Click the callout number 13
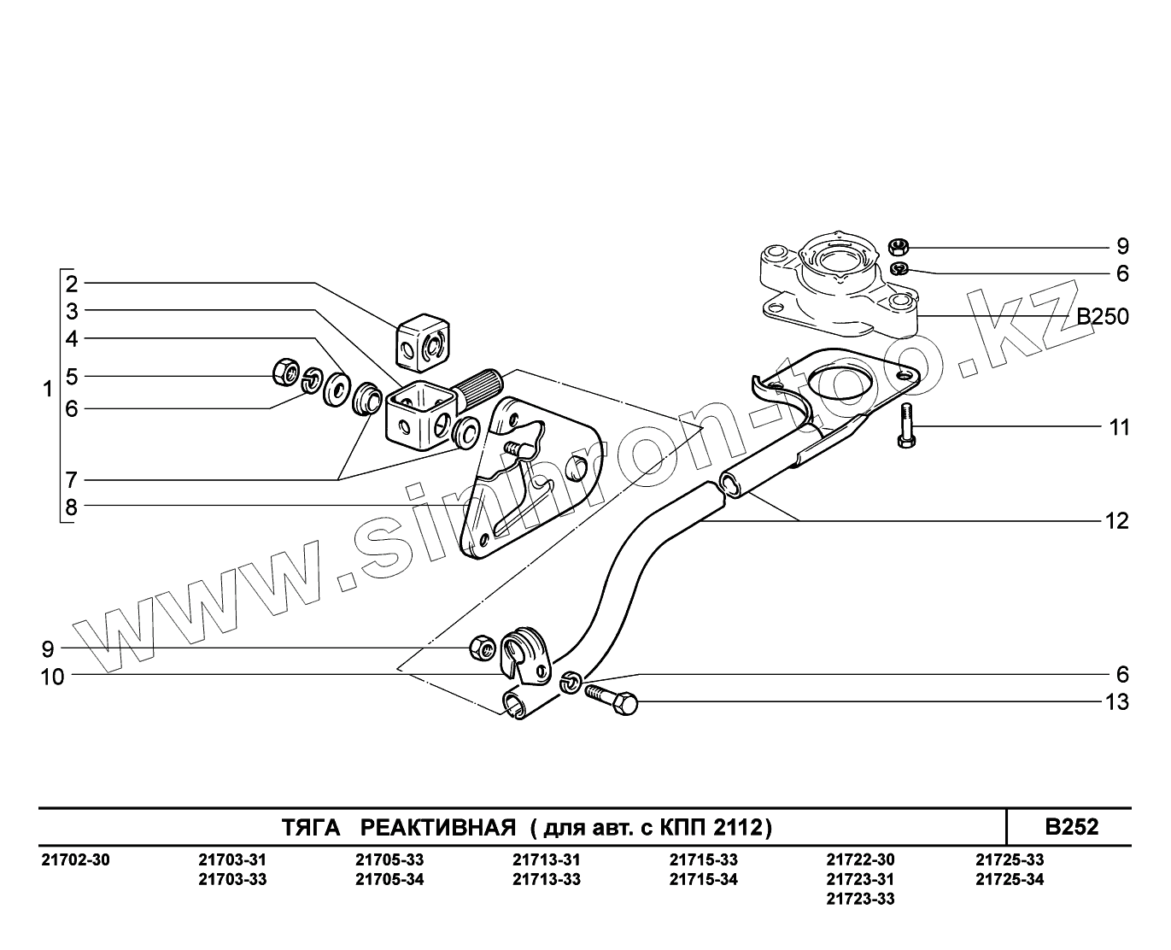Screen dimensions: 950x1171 (1117, 702)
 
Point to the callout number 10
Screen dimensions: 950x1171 (53, 677)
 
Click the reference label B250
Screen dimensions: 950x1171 (1102, 318)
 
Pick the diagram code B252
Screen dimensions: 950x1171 (1072, 827)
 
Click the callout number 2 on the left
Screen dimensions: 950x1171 (72, 284)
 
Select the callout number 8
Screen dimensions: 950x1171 (72, 507)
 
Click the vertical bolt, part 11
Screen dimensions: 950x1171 (907, 425)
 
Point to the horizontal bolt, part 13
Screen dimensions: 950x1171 (612, 697)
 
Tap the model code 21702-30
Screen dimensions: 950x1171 (75, 859)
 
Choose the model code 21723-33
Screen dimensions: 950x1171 (861, 899)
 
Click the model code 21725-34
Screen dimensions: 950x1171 (1010, 879)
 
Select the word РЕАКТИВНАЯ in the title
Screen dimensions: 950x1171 (437, 827)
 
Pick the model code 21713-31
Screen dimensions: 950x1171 (547, 859)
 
